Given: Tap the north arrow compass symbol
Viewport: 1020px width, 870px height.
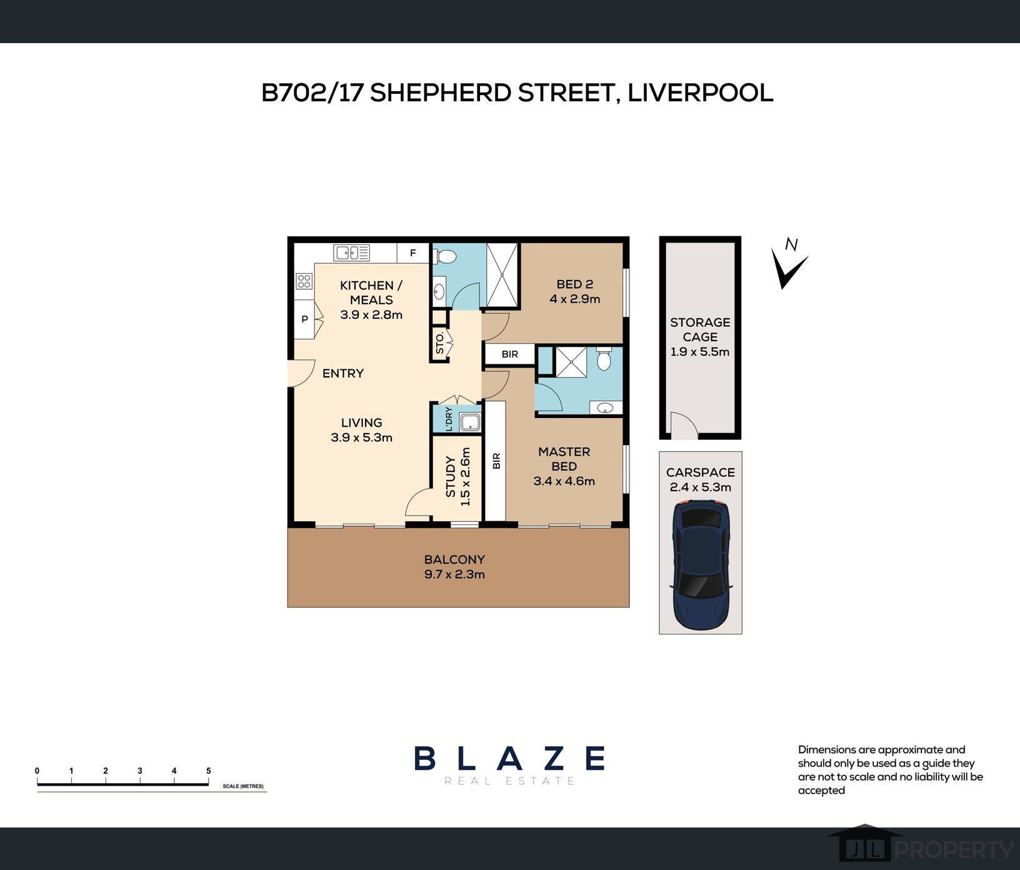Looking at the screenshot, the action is (x=789, y=264).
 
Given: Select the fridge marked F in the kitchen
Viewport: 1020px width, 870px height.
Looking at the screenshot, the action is (x=413, y=253).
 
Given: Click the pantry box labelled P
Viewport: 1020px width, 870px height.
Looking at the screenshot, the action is (x=306, y=319).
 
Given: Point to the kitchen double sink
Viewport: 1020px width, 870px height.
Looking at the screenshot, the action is (x=351, y=252).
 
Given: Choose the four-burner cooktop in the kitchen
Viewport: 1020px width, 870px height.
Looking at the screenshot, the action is (x=304, y=281).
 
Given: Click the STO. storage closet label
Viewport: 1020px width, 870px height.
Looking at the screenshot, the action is (x=440, y=343).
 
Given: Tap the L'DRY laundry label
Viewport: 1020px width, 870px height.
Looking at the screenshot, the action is (x=449, y=419).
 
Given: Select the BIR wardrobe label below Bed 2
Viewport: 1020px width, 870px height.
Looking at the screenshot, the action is (x=510, y=354).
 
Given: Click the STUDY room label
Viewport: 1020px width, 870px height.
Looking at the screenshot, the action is (x=451, y=476).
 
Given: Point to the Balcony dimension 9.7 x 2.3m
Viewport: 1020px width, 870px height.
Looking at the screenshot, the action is (x=454, y=574).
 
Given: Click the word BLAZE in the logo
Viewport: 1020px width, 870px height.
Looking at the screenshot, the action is (x=509, y=758).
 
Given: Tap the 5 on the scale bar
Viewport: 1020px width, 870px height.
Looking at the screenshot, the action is (x=209, y=771).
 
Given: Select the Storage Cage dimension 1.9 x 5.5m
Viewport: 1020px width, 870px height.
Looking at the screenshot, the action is (x=700, y=352).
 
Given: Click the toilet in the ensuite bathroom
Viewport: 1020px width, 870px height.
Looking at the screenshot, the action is (x=603, y=359).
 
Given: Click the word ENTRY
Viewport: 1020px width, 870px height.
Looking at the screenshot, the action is (x=343, y=374).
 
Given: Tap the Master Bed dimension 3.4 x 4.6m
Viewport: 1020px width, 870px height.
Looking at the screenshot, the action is (x=564, y=481).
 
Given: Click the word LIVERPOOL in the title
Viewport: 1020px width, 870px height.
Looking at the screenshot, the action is (x=700, y=92).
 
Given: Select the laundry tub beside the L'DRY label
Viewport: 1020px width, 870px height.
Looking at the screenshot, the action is (x=469, y=422).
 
